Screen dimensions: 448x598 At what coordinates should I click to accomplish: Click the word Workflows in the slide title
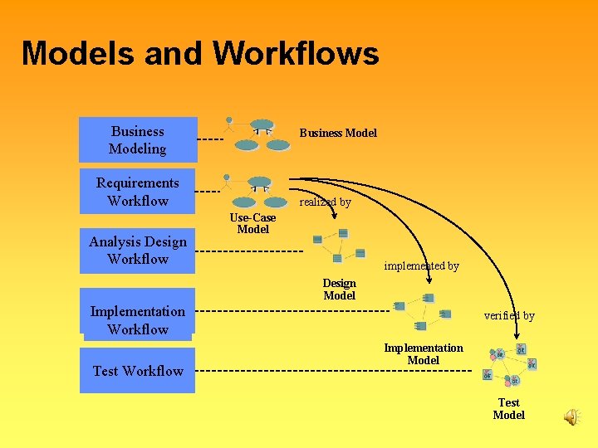tap(296, 54)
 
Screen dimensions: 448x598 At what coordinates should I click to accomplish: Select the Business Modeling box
tap(138, 140)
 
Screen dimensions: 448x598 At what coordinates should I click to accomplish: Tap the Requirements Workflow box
tap(138, 192)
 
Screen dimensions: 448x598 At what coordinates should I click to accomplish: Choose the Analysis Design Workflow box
tap(138, 250)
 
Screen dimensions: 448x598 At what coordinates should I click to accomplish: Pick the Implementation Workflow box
tap(138, 319)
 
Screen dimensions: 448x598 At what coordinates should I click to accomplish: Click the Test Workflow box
tap(138, 371)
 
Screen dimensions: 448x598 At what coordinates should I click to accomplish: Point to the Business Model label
tap(338, 133)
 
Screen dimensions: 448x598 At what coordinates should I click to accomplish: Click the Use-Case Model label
tap(252, 223)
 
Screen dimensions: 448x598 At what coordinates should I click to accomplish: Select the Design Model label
tap(339, 289)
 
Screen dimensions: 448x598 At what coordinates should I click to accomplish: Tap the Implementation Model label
tap(423, 353)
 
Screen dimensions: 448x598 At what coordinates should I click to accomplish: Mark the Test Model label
tap(508, 408)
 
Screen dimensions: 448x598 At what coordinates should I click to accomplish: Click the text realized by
tap(325, 202)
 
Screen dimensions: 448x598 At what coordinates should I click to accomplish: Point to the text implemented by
tap(421, 266)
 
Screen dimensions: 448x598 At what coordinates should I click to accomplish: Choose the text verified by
tap(509, 315)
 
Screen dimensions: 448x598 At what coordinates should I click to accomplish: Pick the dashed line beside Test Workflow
tap(332, 370)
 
